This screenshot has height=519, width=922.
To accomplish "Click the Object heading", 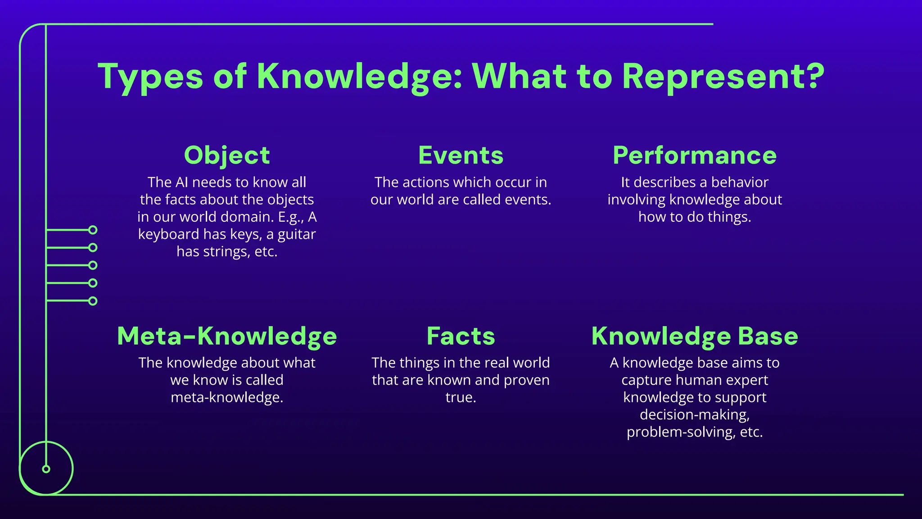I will click(227, 155).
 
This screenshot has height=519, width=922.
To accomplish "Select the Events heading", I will click(461, 155).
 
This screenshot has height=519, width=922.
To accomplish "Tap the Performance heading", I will click(695, 155).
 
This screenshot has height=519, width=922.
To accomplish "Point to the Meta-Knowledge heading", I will click(227, 336).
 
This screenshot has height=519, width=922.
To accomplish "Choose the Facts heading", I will click(461, 336).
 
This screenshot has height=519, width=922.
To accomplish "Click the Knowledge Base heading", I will click(695, 336).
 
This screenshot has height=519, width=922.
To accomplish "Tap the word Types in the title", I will click(150, 77).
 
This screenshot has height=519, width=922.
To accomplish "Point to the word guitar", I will click(297, 234).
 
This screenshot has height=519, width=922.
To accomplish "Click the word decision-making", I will click(695, 414).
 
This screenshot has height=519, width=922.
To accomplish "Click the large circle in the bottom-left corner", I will click(46, 469).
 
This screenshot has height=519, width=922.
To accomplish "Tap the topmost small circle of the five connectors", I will click(93, 230).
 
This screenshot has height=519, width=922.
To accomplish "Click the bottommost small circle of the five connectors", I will click(93, 301).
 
